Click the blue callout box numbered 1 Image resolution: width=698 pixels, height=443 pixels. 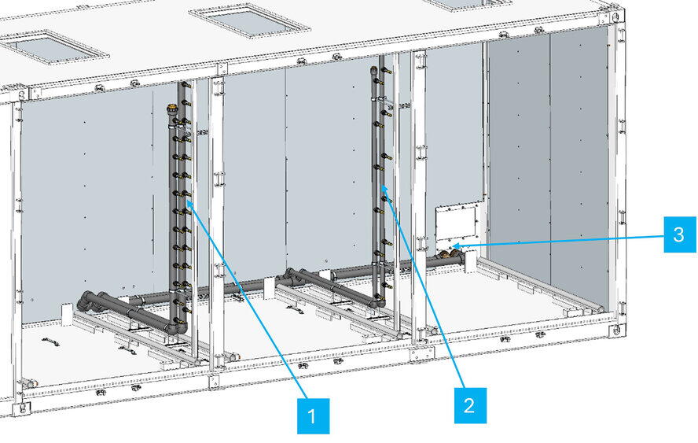pos(314,416)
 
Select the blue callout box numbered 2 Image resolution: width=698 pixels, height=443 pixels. pos(470,405)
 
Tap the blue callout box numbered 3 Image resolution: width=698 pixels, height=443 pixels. pos(680,234)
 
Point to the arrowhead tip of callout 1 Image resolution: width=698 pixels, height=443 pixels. pos(187,201)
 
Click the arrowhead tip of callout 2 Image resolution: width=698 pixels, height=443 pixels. pos(382,186)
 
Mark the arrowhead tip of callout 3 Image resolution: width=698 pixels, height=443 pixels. pos(453,245)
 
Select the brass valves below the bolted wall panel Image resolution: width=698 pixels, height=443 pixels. pos(449,256)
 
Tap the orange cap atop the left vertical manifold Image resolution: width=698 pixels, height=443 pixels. pos(171,108)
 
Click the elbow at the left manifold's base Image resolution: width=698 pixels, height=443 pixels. pos(180,327)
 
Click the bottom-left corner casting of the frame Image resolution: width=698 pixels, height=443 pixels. pos(20,408)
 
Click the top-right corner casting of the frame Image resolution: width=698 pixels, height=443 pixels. pos(614,18)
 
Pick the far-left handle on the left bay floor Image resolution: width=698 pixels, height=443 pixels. pos(51,341)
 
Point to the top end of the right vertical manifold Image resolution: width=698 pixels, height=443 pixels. pos(373,69)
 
